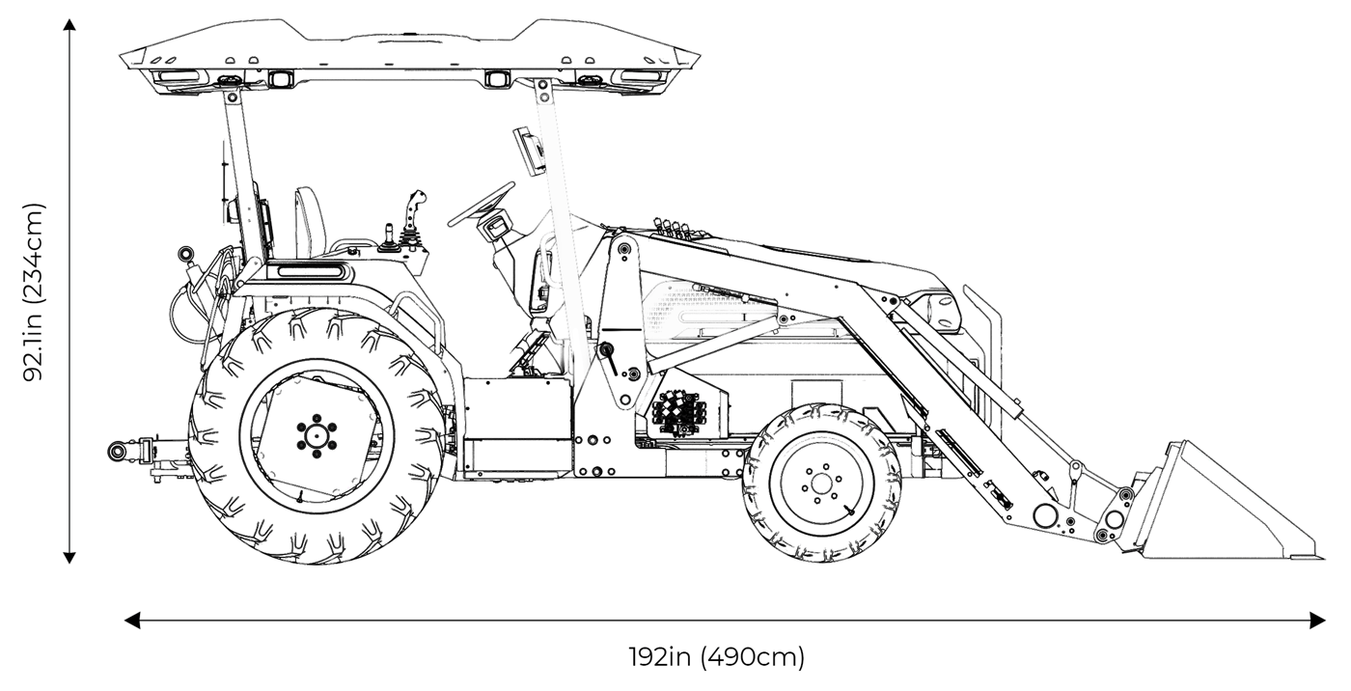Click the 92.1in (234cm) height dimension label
point(35,291)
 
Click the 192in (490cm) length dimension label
point(716,658)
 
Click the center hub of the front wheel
point(822,483)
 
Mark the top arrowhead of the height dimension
point(69,25)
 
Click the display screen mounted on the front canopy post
point(530,150)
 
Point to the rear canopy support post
point(246,174)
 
